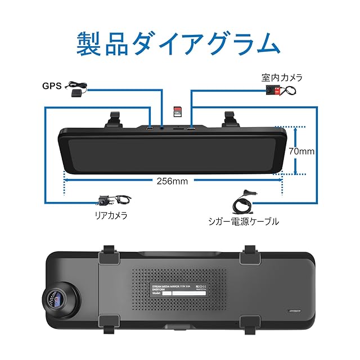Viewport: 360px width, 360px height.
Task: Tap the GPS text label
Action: [x=52, y=87]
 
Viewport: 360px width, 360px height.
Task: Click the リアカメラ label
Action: [x=111, y=215]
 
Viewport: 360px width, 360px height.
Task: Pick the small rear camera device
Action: [x=105, y=200]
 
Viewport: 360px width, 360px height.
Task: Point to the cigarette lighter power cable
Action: [x=243, y=200]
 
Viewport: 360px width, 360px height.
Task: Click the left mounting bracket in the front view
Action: [x=115, y=119]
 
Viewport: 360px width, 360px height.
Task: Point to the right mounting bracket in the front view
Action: [x=228, y=119]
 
